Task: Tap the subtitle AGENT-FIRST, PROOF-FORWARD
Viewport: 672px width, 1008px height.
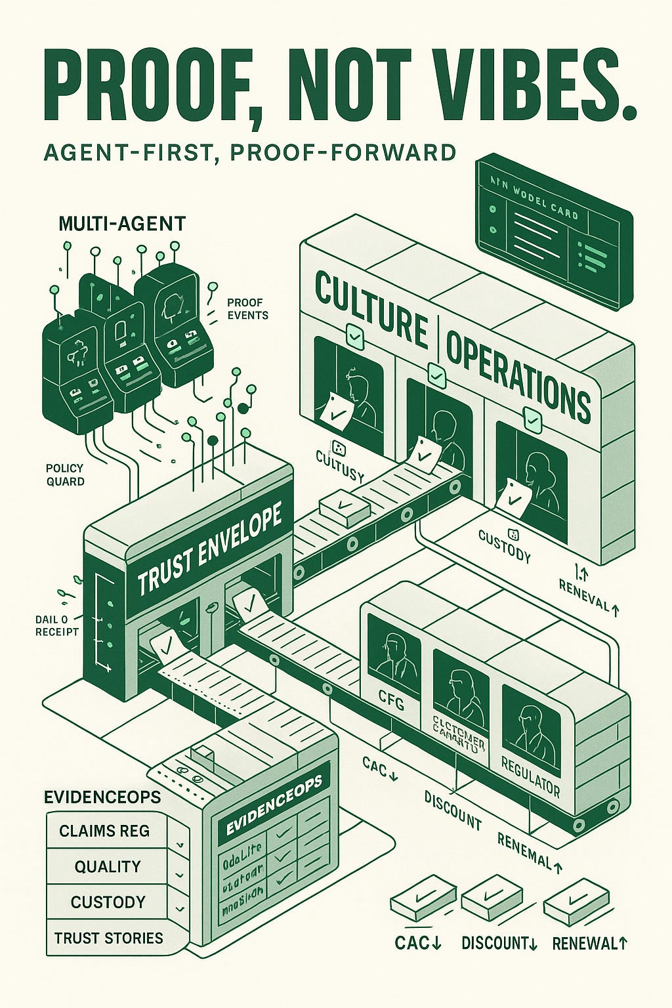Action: click(249, 153)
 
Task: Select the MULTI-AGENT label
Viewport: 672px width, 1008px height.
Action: click(122, 224)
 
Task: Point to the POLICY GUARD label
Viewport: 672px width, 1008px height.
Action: click(65, 474)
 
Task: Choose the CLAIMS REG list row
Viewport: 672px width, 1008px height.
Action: click(105, 831)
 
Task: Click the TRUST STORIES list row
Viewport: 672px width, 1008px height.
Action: click(108, 938)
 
